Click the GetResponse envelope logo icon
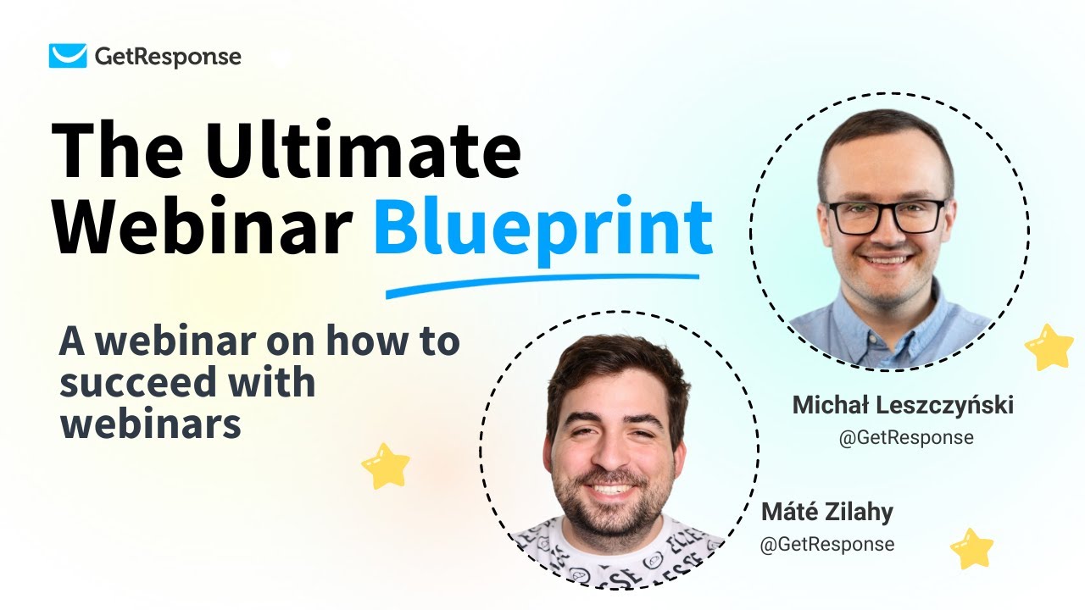[x=68, y=56]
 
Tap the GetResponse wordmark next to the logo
[x=167, y=57]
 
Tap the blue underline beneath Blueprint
[x=542, y=285]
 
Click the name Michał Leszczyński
[x=903, y=406]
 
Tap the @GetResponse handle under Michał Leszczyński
[x=905, y=438]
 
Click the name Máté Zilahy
[x=826, y=512]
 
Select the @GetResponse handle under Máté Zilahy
[x=826, y=544]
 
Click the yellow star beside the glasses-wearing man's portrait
[x=1049, y=347]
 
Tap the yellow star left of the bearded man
[x=386, y=465]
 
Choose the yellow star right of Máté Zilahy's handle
[x=971, y=548]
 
